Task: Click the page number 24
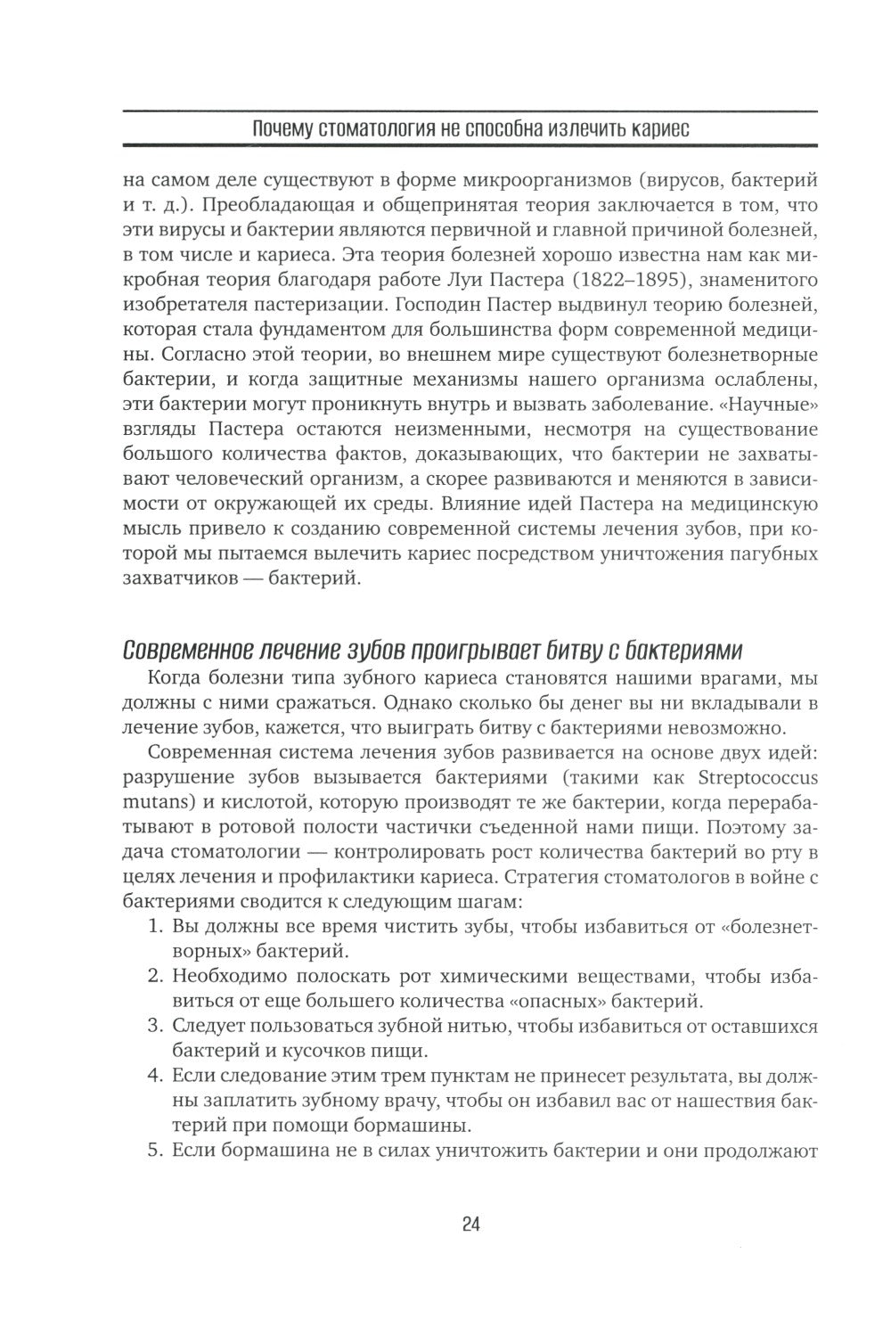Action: point(471,1224)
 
